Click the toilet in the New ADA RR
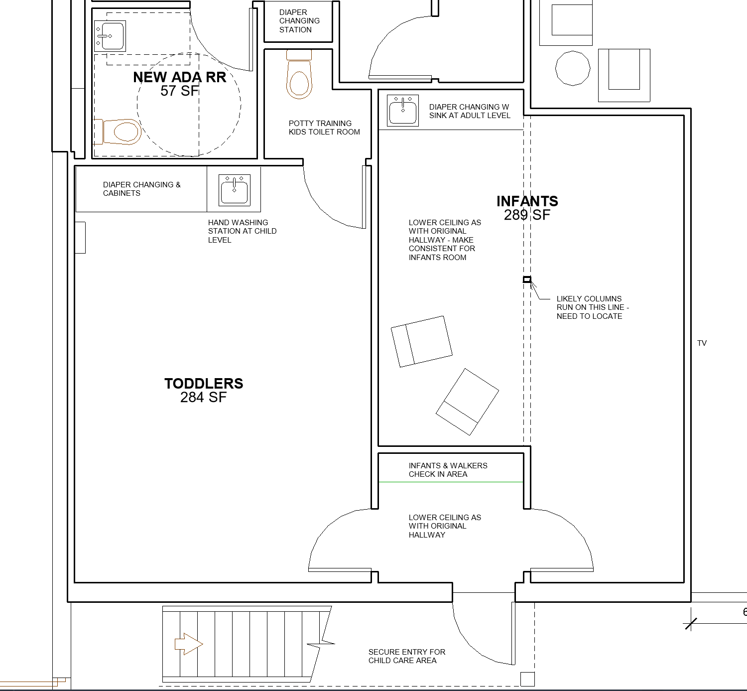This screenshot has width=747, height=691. [x=118, y=132]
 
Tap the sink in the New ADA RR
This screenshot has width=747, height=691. [x=110, y=36]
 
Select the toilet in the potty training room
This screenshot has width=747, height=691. [x=299, y=74]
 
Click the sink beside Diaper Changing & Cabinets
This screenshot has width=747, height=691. [x=235, y=190]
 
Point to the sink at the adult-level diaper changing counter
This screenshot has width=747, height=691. [x=403, y=110]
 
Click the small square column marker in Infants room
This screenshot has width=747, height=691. [x=527, y=279]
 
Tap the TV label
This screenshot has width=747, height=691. [x=702, y=343]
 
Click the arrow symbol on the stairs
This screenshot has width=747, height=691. [x=189, y=644]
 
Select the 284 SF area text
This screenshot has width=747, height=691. [x=204, y=397]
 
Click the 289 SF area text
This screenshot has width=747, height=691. [x=527, y=215]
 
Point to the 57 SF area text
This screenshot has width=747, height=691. [x=179, y=91]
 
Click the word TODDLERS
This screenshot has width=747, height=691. [x=204, y=384]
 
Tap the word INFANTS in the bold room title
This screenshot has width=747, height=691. [x=527, y=201]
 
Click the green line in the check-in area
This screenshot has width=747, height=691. [x=451, y=482]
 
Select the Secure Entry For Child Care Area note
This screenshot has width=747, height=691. [x=406, y=656]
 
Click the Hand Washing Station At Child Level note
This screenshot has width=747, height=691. [x=242, y=231]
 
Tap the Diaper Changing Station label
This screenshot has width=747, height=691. [x=299, y=21]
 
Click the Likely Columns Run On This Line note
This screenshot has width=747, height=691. [x=593, y=307]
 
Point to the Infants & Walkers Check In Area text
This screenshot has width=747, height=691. [x=448, y=470]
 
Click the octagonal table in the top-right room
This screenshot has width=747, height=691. [x=573, y=68]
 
